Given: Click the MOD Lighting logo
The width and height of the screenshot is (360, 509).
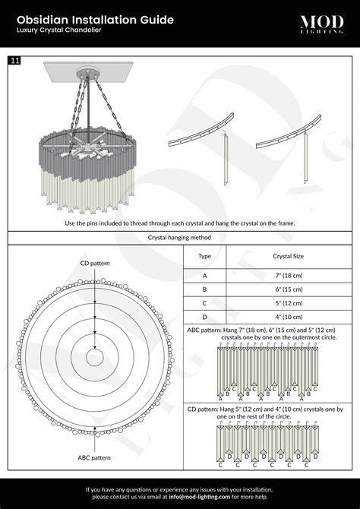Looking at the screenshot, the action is pos(321,24).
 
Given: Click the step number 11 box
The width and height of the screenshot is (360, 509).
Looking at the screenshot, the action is pos(14,60).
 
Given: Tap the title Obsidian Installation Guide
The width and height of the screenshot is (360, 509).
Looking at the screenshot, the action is pos(95,20).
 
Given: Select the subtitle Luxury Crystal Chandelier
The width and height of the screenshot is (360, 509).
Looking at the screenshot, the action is pos(59,30).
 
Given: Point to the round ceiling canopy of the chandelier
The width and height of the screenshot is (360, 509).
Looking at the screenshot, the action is pos(87,72).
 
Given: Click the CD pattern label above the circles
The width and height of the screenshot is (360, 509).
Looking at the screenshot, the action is pos(95,264).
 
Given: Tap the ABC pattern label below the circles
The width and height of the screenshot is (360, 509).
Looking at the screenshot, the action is pos(94,457).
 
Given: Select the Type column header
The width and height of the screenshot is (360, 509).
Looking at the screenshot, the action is pos(204,256).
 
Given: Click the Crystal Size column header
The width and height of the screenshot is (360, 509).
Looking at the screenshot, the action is pos(289,256).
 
